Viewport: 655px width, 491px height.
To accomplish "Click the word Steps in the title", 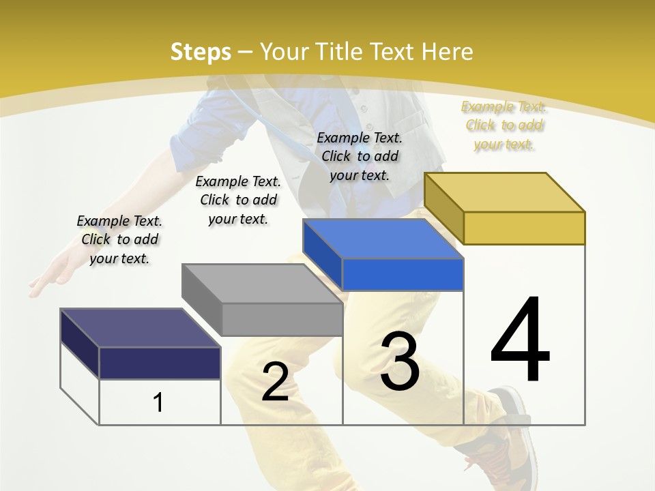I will click(200, 52).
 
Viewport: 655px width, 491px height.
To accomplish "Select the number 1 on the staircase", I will click(158, 402).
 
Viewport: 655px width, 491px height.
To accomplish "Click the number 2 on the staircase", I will click(275, 382).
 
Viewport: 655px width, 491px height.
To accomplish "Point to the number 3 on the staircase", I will click(400, 361).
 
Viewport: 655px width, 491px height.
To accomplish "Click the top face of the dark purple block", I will click(140, 328).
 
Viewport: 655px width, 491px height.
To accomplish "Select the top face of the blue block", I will click(383, 239).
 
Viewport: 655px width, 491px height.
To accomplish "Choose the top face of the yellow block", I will click(504, 192).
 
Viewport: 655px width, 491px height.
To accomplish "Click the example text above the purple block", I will click(119, 239).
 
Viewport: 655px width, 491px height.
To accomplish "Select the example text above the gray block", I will click(238, 200).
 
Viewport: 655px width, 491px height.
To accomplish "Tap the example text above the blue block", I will click(360, 156).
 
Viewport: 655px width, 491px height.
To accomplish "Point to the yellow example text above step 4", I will click(504, 125).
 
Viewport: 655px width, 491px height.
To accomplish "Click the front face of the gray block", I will click(282, 319).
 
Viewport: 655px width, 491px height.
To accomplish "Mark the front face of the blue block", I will click(403, 275).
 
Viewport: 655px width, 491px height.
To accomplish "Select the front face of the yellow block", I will click(524, 228).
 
